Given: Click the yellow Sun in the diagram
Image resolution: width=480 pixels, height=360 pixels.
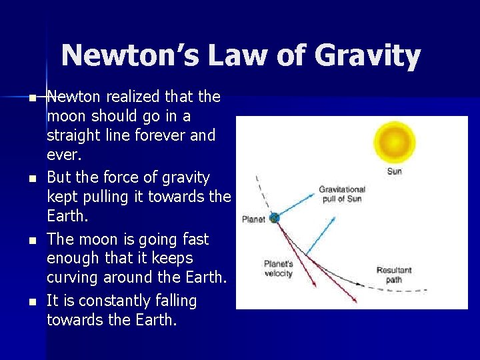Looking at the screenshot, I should [x=394, y=142].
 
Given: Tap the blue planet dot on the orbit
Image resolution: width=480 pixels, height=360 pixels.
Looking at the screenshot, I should [x=274, y=217].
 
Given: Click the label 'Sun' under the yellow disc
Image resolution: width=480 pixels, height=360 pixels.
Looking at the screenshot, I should [x=395, y=171].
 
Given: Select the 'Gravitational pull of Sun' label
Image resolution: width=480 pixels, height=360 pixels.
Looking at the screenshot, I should [x=341, y=194].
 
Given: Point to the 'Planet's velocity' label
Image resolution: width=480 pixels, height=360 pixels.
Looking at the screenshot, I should [x=279, y=269].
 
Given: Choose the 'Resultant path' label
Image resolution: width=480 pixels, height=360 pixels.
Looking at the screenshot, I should [x=394, y=275].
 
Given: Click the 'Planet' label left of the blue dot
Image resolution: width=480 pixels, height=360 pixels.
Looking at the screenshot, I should [x=253, y=219].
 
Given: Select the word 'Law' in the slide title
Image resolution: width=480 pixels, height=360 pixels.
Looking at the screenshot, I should [x=235, y=56].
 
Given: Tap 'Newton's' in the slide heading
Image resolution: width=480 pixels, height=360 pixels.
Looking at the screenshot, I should [x=129, y=56].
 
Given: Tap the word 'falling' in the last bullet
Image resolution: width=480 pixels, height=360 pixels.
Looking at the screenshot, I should [x=174, y=301].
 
